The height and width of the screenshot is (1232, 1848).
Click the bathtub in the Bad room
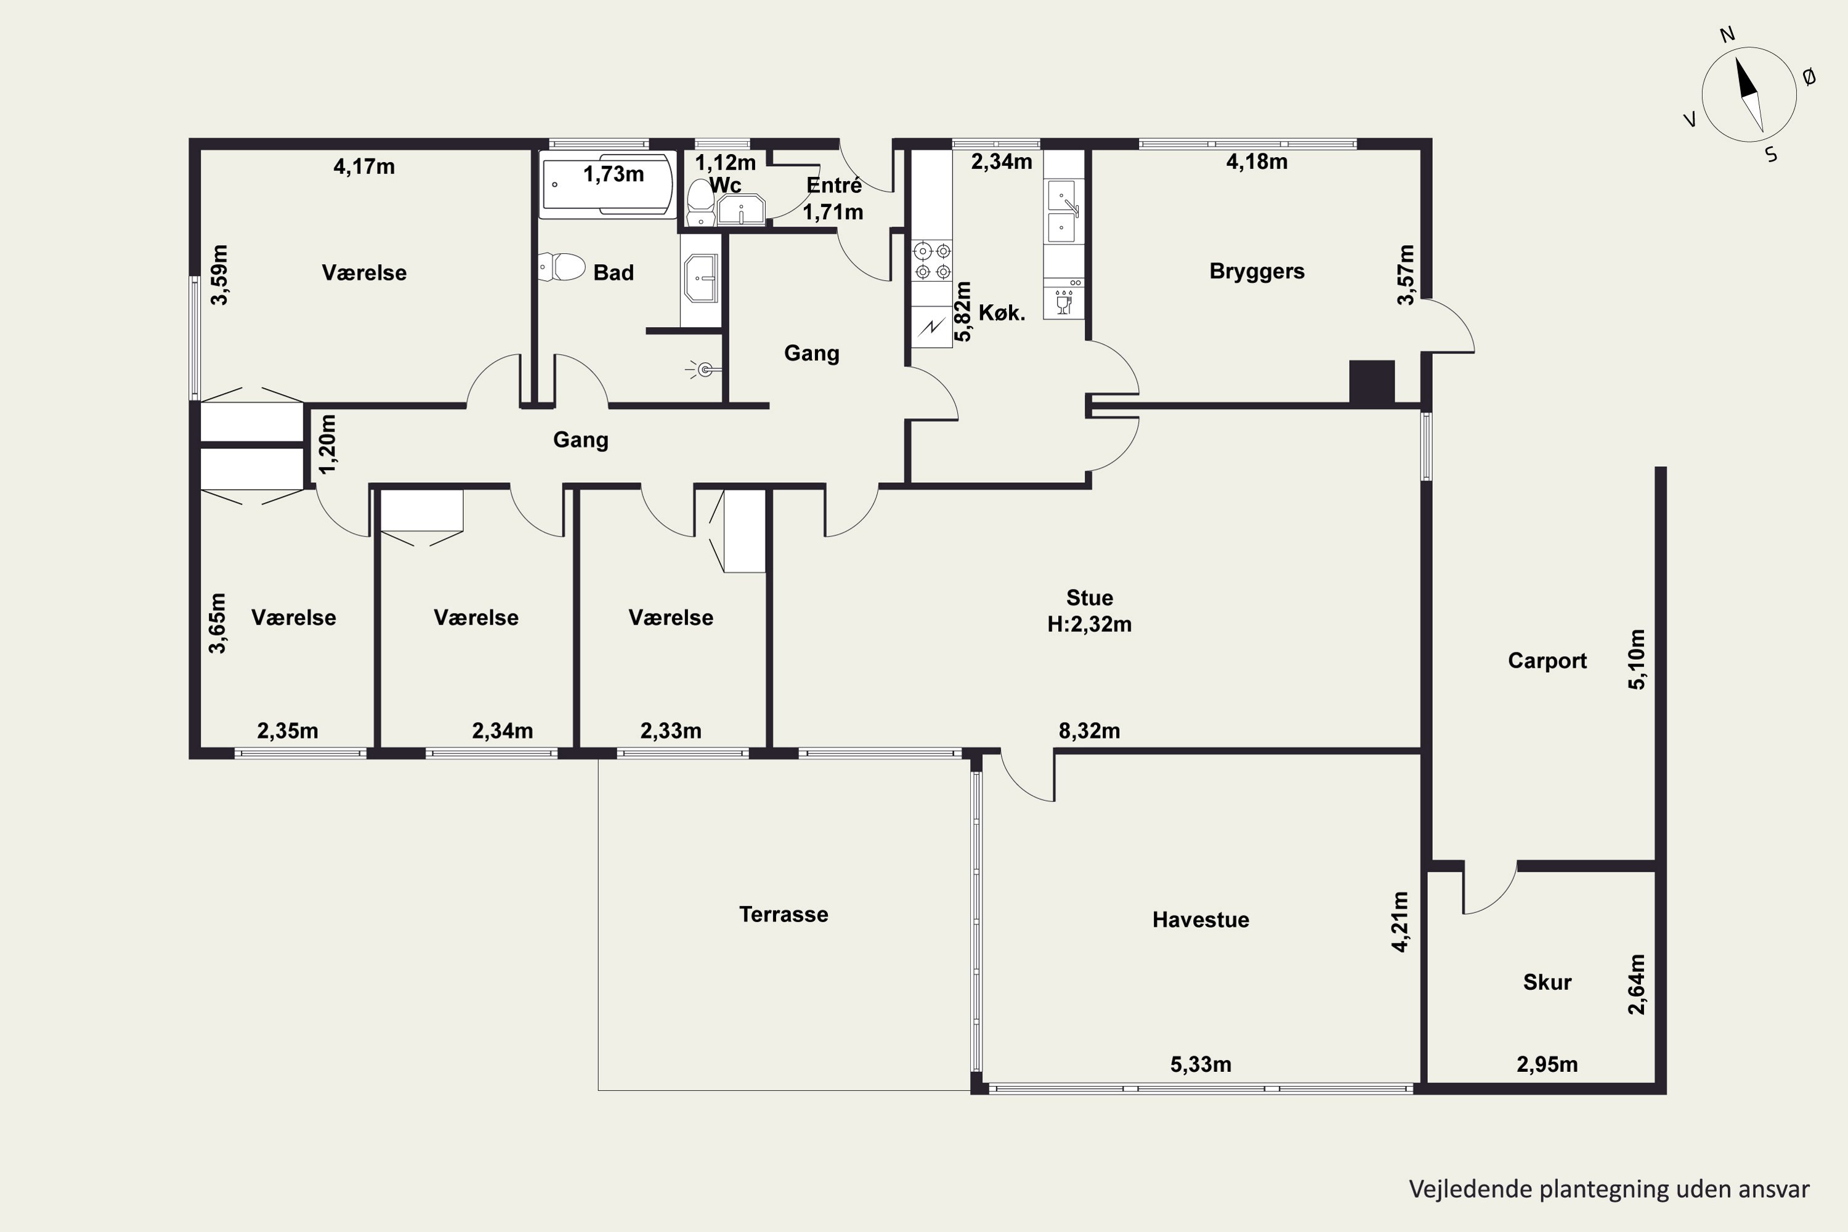[607, 185]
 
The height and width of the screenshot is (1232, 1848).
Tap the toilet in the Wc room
[700, 203]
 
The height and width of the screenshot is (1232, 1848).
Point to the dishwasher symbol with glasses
[1064, 302]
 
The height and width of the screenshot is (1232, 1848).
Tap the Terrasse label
[784, 915]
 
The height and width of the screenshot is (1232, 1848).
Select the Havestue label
[1201, 920]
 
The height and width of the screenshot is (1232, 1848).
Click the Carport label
[1547, 661]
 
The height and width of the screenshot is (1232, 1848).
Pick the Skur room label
[1547, 982]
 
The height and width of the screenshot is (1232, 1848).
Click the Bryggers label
[1257, 272]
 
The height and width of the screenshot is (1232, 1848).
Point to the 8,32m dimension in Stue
[1089, 731]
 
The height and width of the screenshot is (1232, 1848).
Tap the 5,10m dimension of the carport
[1636, 659]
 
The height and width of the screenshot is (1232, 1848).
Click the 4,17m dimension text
[364, 166]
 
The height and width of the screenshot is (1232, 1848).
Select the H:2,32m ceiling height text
[1089, 625]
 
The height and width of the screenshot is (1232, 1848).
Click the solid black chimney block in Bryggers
[1372, 383]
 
